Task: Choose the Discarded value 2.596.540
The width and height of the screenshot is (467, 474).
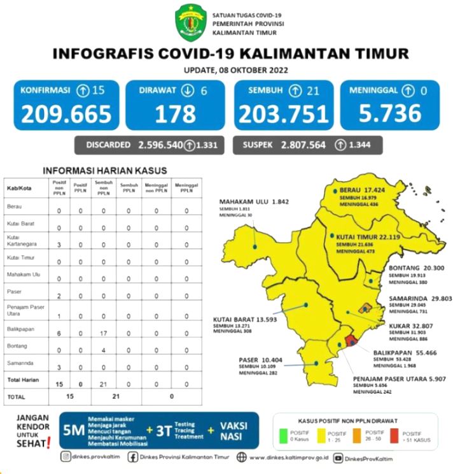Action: click(160, 145)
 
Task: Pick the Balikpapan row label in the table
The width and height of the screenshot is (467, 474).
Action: click(20, 330)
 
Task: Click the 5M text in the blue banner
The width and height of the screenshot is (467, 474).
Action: click(74, 431)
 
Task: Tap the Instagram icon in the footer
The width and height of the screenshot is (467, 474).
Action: click(66, 457)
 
